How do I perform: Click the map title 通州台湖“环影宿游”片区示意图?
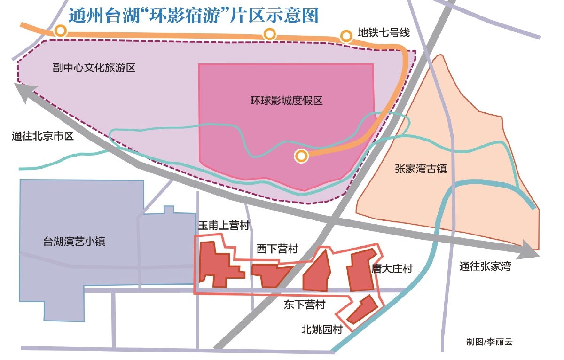pos(193,16)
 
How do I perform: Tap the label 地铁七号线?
pos(384,33)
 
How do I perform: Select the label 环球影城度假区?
pos(287,101)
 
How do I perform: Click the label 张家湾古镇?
pos(421,169)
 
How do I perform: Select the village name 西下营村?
pos(277,249)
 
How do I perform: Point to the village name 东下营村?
pos(304,305)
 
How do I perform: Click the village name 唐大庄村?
pos(392,269)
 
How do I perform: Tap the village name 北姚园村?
pos(321,329)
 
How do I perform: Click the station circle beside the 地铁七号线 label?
pos(346,36)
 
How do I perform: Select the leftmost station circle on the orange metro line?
pos(60,31)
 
